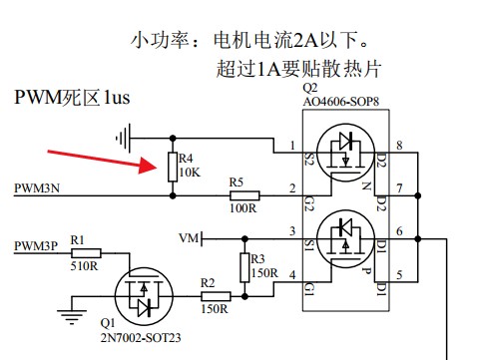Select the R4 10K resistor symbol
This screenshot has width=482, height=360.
[173, 167]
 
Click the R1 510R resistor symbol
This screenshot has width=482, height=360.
[84, 253]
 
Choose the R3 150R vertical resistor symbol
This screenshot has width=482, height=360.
[244, 266]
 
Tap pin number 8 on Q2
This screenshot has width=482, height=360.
[399, 146]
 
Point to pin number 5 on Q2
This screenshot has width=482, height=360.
[399, 276]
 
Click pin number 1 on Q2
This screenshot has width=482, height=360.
[292, 146]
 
